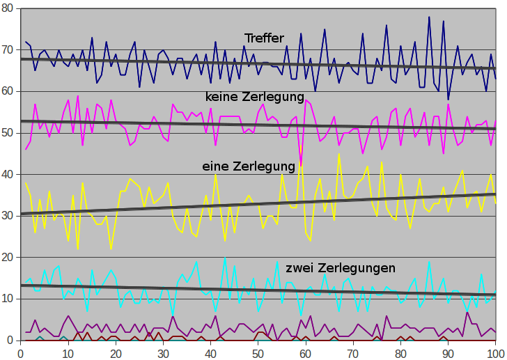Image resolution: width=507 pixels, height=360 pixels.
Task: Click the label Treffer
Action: click(x=264, y=38)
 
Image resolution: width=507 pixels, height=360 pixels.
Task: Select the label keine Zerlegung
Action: click(x=255, y=96)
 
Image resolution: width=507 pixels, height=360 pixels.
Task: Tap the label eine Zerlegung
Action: click(x=248, y=166)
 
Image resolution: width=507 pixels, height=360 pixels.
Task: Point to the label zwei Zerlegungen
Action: click(x=341, y=267)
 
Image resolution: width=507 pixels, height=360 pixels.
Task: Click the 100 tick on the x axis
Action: click(x=496, y=352)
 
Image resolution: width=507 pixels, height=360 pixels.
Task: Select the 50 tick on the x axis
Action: click(x=258, y=352)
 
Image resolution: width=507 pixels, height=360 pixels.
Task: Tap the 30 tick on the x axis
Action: click(x=163, y=352)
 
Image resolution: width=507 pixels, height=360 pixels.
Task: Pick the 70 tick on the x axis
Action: click(x=353, y=352)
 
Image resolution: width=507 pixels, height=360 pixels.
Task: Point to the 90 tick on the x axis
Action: click(x=448, y=352)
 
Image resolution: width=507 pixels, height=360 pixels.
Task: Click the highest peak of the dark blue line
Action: click(x=429, y=17)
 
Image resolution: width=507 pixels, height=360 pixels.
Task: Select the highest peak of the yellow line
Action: click(x=339, y=154)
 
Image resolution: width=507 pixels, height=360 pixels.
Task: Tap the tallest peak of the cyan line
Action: click(x=225, y=258)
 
